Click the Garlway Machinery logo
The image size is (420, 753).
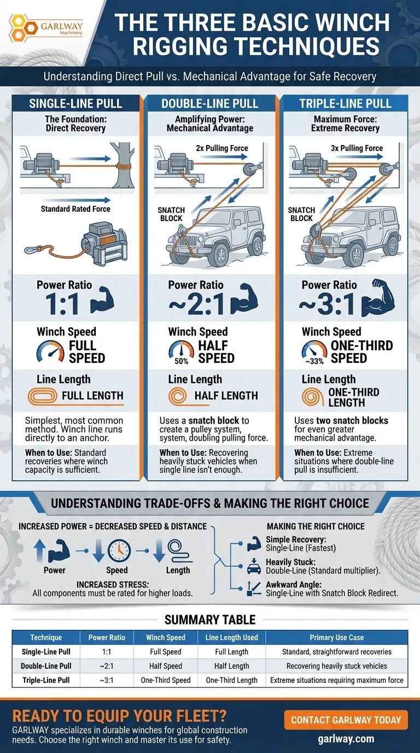point(46,27)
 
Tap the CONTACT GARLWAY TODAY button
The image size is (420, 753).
point(346,720)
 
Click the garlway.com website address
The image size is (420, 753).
point(346,739)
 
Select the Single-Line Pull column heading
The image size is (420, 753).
point(75,103)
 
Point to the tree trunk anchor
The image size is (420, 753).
point(122,165)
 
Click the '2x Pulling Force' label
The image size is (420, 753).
point(222,148)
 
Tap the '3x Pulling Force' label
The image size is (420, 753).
point(357,148)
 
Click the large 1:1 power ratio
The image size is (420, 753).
point(63,304)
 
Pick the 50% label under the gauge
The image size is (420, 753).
point(182,361)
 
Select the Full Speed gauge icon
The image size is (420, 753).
point(50,351)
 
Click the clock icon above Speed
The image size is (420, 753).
point(119,551)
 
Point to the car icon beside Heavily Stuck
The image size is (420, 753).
point(254,567)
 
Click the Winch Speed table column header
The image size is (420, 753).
point(166,638)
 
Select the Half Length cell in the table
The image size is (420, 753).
point(232,666)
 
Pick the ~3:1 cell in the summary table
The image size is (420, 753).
point(107,680)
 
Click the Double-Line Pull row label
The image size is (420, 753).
point(46,666)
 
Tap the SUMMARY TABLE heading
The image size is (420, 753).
point(210,619)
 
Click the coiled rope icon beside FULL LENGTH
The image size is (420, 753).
point(42,396)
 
